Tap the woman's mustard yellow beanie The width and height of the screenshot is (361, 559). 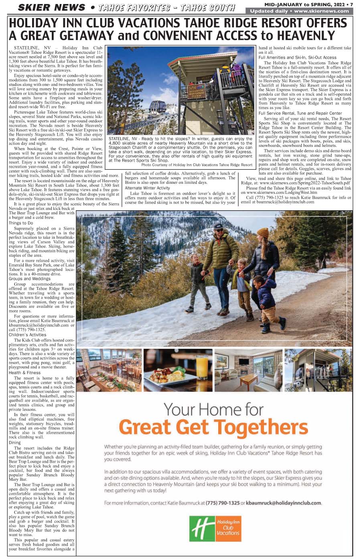[x=263, y=233]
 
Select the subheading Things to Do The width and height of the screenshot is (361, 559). [x=21, y=223]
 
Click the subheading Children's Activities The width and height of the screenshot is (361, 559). [x=28, y=335]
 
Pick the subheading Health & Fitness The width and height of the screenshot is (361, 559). [x=25, y=372]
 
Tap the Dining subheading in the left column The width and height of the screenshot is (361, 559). [x=15, y=443]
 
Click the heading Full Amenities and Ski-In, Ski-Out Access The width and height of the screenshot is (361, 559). [x=297, y=57]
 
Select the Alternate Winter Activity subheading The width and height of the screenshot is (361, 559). [x=147, y=188]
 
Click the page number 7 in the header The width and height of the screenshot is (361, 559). [x=351, y=4]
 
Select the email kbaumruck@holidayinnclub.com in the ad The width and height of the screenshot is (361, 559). [x=284, y=503]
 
